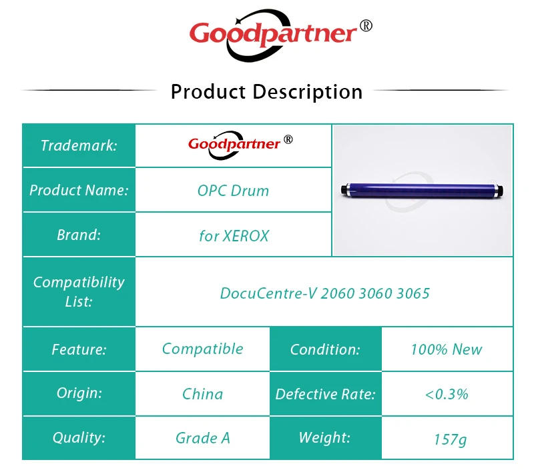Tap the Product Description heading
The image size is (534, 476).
tap(266, 91)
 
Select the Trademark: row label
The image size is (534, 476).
tap(79, 145)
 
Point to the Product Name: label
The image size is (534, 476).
tap(79, 190)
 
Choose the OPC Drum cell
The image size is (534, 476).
tap(233, 190)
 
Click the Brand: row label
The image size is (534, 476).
tap(79, 235)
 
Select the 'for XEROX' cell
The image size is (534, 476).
tap(233, 235)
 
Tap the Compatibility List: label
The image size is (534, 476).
tap(79, 291)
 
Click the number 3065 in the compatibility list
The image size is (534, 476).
tap(413, 293)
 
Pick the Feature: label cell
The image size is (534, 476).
tap(79, 349)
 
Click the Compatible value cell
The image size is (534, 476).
tap(202, 349)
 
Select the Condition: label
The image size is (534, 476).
tap(325, 349)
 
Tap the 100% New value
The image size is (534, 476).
tap(446, 349)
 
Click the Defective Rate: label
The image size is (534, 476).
tap(325, 393)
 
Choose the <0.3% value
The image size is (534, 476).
tap(446, 393)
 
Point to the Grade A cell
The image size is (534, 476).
tap(202, 438)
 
